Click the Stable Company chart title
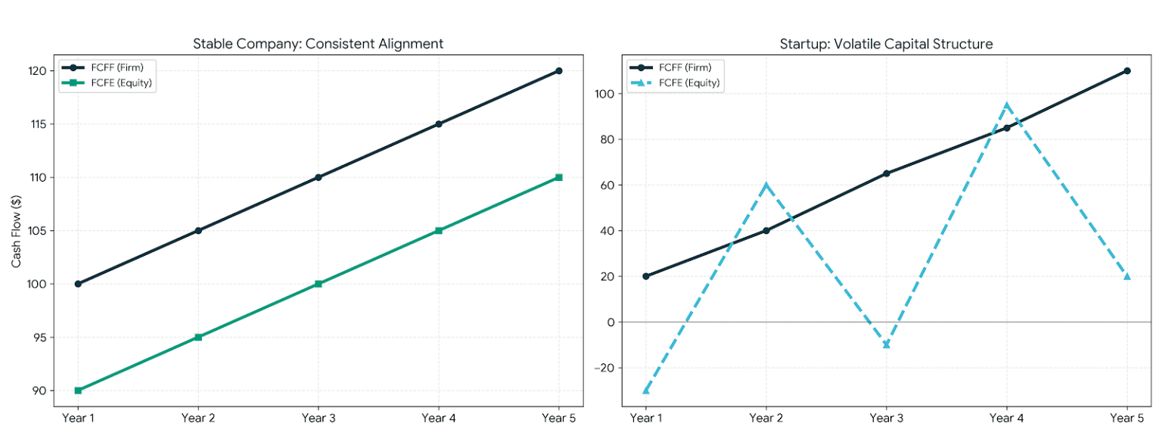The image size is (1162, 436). click(x=318, y=44)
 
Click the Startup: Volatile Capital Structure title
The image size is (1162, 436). click(x=886, y=44)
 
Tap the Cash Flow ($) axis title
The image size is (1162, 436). click(x=16, y=232)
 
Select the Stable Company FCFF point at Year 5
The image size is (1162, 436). click(x=559, y=70)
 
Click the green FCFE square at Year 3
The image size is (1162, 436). click(x=318, y=284)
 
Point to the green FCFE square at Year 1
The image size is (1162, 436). click(x=79, y=391)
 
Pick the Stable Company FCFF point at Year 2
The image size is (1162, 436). click(x=198, y=230)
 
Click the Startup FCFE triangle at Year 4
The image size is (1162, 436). click(x=1007, y=105)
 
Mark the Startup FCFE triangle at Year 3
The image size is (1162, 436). click(x=887, y=344)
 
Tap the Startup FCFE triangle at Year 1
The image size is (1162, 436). click(x=646, y=390)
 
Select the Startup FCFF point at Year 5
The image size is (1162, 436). click(x=1127, y=70)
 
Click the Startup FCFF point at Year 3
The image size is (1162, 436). click(x=887, y=173)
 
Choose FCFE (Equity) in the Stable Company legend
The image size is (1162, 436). click(x=121, y=83)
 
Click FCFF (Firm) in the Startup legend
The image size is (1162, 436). click(x=685, y=67)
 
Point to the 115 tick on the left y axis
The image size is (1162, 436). click(x=39, y=124)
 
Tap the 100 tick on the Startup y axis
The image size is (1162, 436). click(x=604, y=94)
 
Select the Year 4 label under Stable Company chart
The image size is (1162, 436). click(x=438, y=418)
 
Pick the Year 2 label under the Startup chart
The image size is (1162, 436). click(x=766, y=418)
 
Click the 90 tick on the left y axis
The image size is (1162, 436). click(x=39, y=391)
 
